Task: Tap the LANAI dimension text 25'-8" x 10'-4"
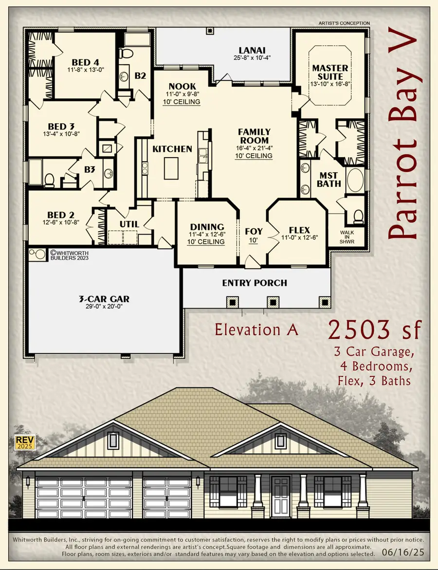[252, 57]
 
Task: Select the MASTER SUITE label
[330, 73]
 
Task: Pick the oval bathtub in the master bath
[354, 180]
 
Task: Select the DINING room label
[207, 227]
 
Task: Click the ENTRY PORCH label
[255, 283]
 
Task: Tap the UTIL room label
[129, 224]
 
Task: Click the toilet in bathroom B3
[49, 180]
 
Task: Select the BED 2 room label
[61, 215]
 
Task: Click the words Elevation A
[256, 330]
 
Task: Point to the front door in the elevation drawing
[280, 494]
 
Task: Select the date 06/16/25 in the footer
[403, 554]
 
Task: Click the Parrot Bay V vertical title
[403, 136]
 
